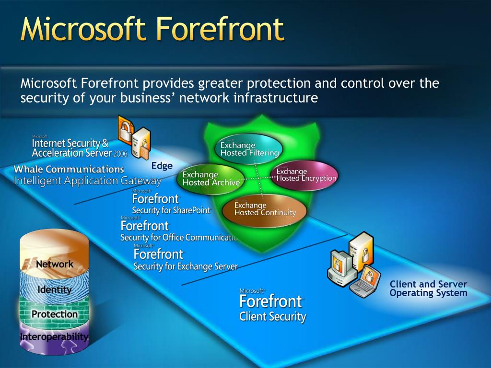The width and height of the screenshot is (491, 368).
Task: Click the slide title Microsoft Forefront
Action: tap(152, 29)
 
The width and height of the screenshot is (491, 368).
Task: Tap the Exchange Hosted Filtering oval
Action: tap(249, 149)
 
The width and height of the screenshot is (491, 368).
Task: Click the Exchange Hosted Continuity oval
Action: tap(265, 209)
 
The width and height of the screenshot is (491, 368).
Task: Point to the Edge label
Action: tap(162, 166)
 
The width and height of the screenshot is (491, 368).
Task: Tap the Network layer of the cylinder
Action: tap(54, 264)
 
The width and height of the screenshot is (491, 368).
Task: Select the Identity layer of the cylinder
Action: tap(54, 289)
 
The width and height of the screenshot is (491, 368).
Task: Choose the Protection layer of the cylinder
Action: tap(54, 314)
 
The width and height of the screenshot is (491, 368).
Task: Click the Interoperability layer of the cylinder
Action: tap(54, 337)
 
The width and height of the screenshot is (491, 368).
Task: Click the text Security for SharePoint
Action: tap(171, 210)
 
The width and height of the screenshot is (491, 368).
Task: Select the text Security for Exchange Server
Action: tap(186, 266)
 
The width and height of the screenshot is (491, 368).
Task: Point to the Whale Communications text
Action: tap(69, 169)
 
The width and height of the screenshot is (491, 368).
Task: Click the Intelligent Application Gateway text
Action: tap(88, 181)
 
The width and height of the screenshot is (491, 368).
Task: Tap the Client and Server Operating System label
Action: tap(428, 288)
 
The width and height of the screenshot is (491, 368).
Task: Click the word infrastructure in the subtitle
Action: tap(275, 98)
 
